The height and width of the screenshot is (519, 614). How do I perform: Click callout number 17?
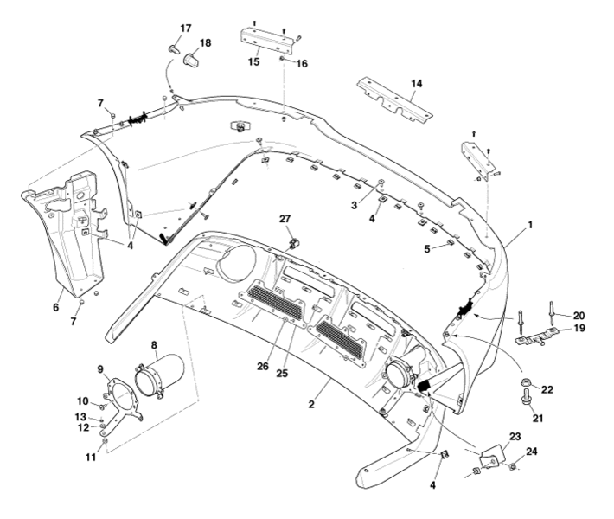185,29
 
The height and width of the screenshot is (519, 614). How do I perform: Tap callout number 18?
205,42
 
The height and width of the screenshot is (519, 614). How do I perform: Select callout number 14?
417,84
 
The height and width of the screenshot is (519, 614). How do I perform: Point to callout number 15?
254,61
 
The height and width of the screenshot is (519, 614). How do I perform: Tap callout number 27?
285,219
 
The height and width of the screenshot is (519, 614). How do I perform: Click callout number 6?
56,306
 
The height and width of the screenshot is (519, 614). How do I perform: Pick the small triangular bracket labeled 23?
491,456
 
